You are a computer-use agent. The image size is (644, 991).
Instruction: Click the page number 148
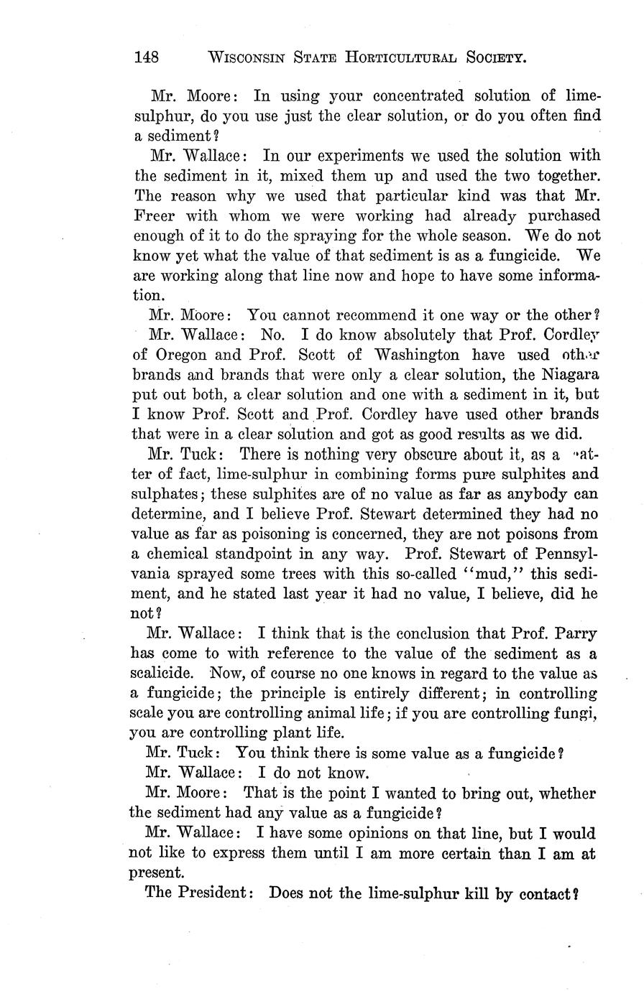click(x=149, y=57)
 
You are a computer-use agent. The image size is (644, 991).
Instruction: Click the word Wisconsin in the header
click(x=247, y=57)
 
